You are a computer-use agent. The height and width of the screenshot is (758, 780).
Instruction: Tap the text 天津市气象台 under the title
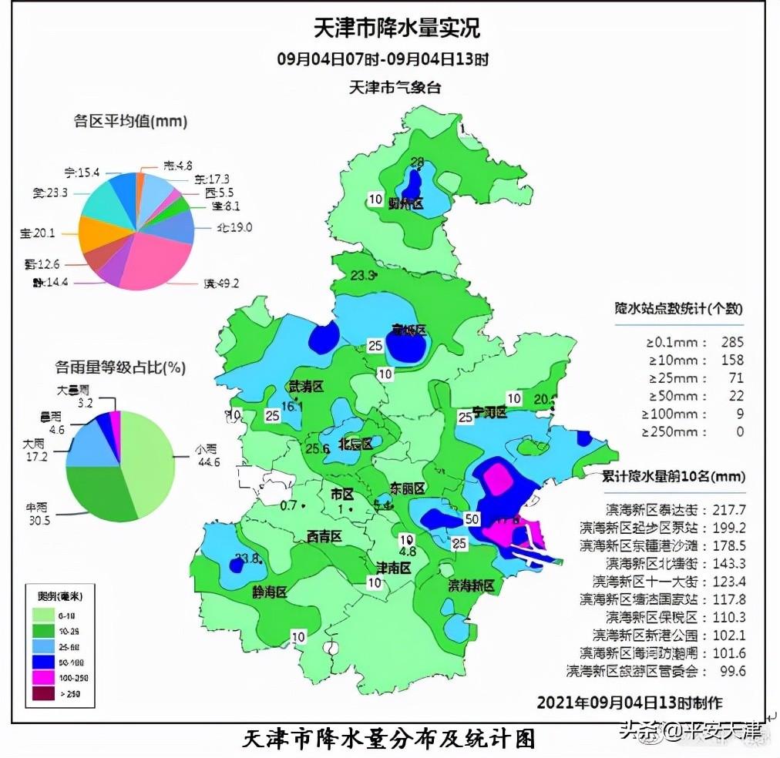tap(395, 87)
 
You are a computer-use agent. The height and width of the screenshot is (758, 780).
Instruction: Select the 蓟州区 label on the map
tap(406, 204)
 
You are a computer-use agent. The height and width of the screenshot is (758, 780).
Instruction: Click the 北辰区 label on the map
tap(355, 444)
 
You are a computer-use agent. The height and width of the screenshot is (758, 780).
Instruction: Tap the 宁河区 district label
tap(489, 414)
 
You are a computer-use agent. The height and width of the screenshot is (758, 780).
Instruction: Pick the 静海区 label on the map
tap(269, 592)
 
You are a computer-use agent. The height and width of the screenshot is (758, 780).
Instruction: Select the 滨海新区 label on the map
tap(471, 586)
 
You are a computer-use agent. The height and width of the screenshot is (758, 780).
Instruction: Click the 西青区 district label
tap(324, 536)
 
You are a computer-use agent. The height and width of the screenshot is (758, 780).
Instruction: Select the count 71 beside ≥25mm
tap(736, 378)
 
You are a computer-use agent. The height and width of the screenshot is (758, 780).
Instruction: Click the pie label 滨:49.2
tap(221, 283)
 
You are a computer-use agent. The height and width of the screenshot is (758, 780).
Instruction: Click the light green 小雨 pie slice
tap(146, 454)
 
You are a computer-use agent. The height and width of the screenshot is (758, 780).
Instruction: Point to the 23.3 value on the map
tap(362, 275)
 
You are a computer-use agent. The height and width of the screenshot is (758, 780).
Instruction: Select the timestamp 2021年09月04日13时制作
tap(630, 703)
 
